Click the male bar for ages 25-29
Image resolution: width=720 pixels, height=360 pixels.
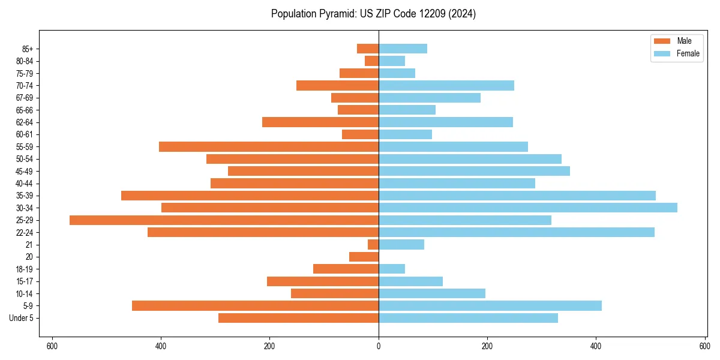point(224,220)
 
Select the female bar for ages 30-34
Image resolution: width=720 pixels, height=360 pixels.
point(528,208)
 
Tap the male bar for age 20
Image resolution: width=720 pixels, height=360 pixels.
point(364,257)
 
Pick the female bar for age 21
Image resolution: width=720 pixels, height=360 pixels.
point(401,245)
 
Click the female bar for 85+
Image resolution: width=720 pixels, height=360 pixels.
point(403,49)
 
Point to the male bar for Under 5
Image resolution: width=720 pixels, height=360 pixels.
point(298,318)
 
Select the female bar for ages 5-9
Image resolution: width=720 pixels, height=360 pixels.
point(490,306)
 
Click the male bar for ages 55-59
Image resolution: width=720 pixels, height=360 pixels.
point(269,147)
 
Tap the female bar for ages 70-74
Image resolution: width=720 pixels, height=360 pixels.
point(446,86)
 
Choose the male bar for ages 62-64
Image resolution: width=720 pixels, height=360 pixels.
point(320,122)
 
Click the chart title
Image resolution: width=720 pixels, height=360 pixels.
point(373,14)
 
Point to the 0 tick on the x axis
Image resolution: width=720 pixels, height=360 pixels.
point(379,346)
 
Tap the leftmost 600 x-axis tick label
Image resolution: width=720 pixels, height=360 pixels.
point(52,346)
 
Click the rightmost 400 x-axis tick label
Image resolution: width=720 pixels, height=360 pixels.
point(596,346)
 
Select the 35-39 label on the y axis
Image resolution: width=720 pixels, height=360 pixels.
point(25,196)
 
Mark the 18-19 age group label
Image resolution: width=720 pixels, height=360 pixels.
point(25,269)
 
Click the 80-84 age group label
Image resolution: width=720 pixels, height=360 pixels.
point(25,61)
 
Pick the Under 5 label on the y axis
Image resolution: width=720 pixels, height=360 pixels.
point(21,318)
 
